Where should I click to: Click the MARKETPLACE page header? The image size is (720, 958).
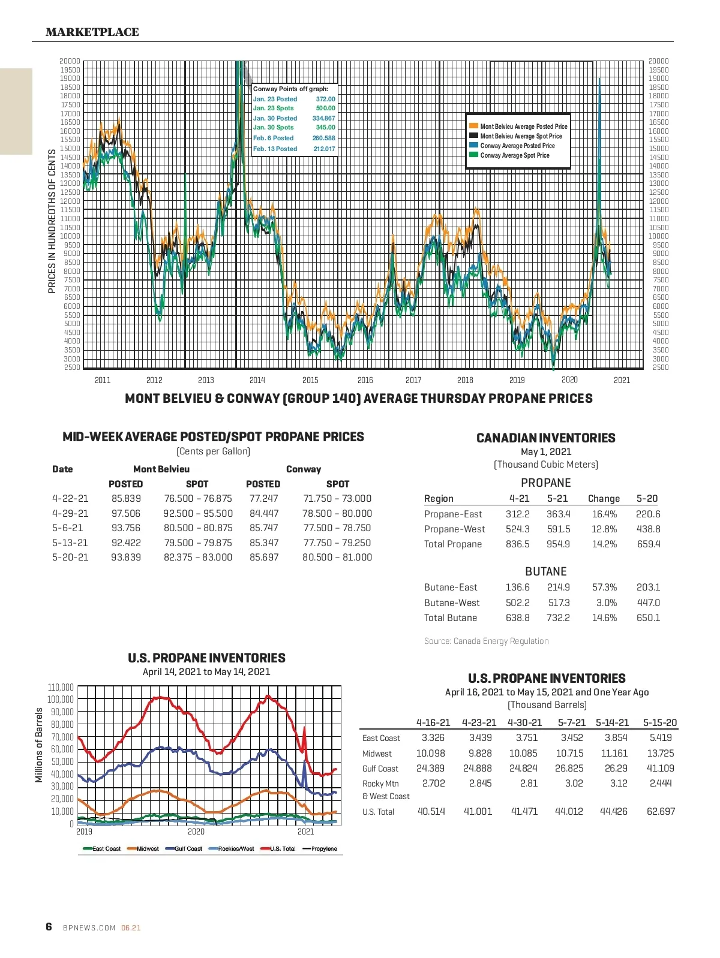[x=92, y=32]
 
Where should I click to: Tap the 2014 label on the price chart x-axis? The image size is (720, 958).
[x=257, y=380]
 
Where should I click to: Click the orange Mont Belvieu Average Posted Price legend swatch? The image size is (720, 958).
[x=473, y=126]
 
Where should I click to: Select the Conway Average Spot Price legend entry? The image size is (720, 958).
[x=514, y=155]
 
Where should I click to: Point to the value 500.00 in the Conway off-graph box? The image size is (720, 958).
[x=326, y=109]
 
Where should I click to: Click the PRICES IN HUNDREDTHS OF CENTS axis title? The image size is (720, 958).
[x=52, y=221]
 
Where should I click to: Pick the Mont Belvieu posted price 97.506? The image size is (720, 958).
[x=126, y=514]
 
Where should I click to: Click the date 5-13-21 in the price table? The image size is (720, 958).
[x=70, y=543]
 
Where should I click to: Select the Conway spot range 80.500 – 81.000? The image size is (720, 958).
[x=337, y=558]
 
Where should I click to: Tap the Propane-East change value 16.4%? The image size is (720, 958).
[x=604, y=514]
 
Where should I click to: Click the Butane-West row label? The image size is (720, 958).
[x=452, y=603]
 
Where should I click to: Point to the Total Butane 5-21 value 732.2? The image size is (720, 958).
[x=558, y=618]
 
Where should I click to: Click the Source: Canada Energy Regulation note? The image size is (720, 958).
[x=486, y=641]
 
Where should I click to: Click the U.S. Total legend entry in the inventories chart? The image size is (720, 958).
[x=282, y=849]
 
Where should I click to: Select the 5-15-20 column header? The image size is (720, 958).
[x=659, y=723]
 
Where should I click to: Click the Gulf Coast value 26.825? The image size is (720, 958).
[x=569, y=769]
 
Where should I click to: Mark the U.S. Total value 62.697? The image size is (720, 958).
[x=661, y=812]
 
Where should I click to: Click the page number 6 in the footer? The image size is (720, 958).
[x=49, y=927]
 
